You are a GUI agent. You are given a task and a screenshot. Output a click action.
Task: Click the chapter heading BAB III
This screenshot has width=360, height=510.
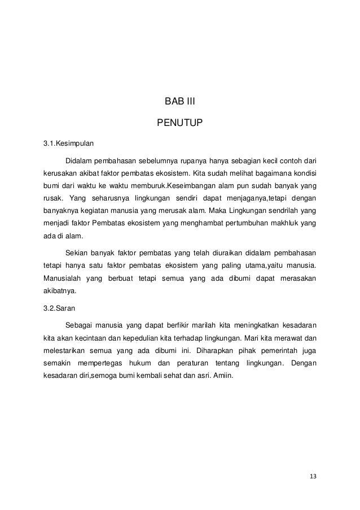coord(179,102)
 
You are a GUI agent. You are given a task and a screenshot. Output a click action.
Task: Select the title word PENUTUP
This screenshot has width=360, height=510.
coord(179,122)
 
